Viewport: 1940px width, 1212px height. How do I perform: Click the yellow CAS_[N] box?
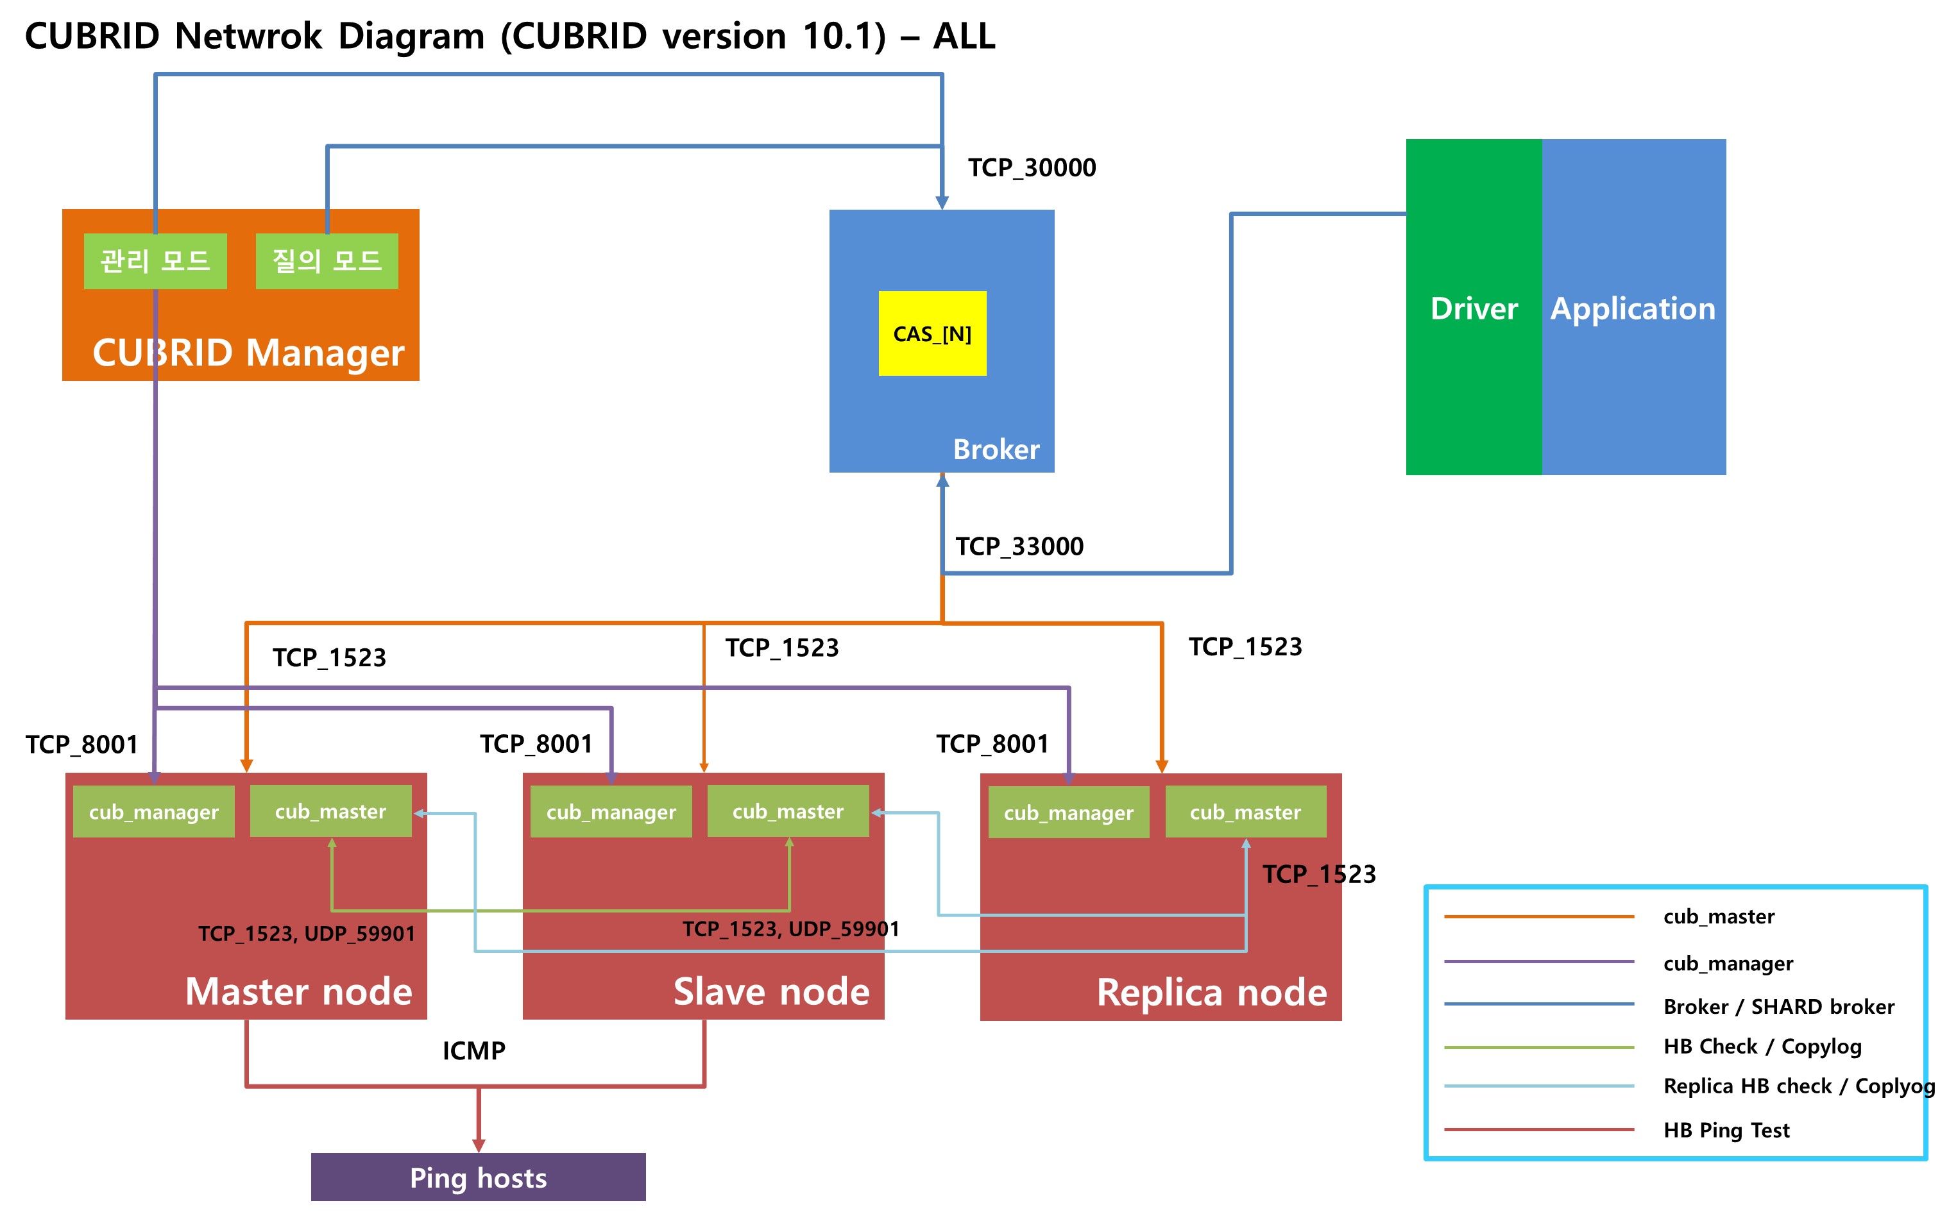pyautogui.click(x=932, y=333)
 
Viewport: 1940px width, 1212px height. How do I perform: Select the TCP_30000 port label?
pyautogui.click(x=1031, y=167)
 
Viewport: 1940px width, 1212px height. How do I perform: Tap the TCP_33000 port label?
pyautogui.click(x=1019, y=546)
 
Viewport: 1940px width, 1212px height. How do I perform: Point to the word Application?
pyautogui.click(x=1632, y=308)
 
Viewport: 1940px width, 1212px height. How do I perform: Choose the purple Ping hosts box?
pyautogui.click(x=478, y=1177)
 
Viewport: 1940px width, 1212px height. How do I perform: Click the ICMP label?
pyautogui.click(x=474, y=1050)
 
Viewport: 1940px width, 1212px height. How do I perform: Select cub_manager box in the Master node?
pyautogui.click(x=153, y=812)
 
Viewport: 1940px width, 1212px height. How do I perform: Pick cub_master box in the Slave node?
pyautogui.click(x=787, y=812)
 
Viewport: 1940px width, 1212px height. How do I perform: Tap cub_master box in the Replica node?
pyautogui.click(x=1245, y=812)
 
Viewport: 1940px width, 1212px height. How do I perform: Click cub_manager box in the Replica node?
pyautogui.click(x=1068, y=813)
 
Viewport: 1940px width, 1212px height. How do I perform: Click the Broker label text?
pyautogui.click(x=996, y=450)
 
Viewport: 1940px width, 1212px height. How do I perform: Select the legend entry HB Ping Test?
pyautogui.click(x=1726, y=1130)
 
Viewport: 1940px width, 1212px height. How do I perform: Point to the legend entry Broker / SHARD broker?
pyautogui.click(x=1778, y=1007)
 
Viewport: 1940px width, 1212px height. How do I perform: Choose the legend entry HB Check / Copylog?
pyautogui.click(x=1762, y=1046)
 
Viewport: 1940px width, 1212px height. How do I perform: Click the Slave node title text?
pyautogui.click(x=770, y=991)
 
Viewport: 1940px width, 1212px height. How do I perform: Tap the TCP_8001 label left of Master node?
pyautogui.click(x=81, y=745)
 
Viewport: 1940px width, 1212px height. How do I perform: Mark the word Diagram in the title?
pyautogui.click(x=411, y=36)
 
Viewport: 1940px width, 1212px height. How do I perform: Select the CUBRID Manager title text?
pyautogui.click(x=248, y=353)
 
